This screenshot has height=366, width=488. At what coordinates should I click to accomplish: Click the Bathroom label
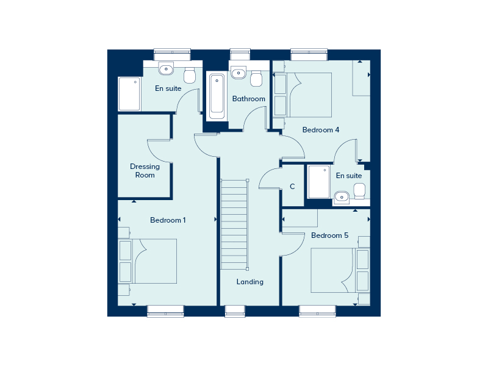point(249,99)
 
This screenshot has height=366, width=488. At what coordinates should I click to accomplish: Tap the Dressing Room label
point(145,171)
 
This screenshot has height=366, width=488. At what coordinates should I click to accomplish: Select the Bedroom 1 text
point(168,220)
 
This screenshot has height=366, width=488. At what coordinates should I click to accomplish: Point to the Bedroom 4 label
point(321,130)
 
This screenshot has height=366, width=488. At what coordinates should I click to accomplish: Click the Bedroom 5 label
point(329,235)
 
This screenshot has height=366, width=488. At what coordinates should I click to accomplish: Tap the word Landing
point(250,282)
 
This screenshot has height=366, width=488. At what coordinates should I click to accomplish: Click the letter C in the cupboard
point(292,187)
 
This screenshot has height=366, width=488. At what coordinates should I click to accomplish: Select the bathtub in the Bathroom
point(217,96)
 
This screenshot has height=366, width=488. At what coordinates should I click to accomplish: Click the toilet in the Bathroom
point(256,79)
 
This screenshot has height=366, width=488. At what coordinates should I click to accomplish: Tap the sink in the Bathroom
point(239,73)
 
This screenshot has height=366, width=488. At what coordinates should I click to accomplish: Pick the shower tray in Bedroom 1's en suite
point(129,94)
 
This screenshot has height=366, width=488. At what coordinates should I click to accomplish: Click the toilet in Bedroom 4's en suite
point(359,191)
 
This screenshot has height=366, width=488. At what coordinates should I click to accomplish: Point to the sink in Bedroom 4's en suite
point(342,197)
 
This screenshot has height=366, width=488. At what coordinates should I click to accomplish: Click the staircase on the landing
point(234,224)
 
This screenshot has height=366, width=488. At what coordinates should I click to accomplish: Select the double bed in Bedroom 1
point(147,261)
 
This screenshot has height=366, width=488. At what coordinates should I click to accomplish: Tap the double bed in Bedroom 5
point(340,270)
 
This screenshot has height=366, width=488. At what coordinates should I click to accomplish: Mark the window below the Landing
point(235,311)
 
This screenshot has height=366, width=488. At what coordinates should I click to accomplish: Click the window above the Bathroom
point(240,54)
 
